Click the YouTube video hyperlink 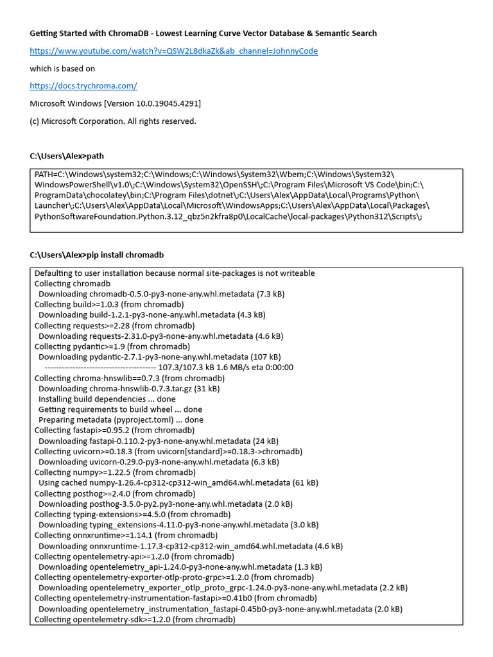coord(173,51)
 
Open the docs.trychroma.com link coord(83,85)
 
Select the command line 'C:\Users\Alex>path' coord(66,156)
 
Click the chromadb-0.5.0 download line coord(160,294)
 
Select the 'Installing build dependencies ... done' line coord(107,398)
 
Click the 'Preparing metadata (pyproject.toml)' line coord(121,420)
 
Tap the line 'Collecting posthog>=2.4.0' coord(114,493)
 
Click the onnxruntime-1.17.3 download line coord(190,546)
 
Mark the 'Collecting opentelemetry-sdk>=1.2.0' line coord(135,619)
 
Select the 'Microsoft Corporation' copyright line coord(113,121)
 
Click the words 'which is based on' coord(62,68)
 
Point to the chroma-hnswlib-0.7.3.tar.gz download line coord(128,388)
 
